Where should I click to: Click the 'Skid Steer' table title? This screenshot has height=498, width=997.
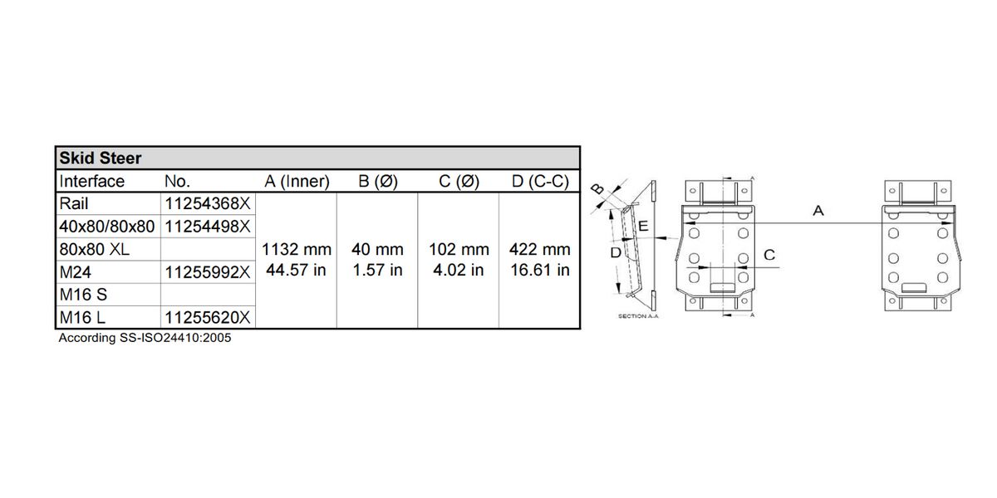[x=101, y=159]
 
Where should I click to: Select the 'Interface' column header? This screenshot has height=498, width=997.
[x=91, y=182]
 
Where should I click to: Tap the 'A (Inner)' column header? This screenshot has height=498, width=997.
[x=297, y=182]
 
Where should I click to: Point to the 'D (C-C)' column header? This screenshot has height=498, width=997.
[x=540, y=182]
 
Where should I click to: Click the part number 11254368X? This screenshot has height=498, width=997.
[x=208, y=203]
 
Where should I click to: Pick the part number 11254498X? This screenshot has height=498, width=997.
[x=208, y=227]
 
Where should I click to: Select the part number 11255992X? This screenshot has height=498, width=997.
[x=208, y=272]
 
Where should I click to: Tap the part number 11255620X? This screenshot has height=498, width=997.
[x=208, y=317]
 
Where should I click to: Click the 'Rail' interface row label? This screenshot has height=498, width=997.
[x=74, y=203]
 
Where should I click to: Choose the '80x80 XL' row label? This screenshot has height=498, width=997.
[x=95, y=250]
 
